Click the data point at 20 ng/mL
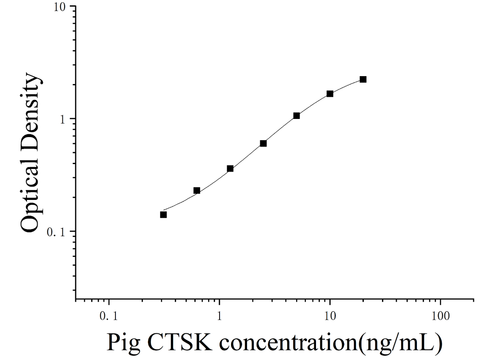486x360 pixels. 363,79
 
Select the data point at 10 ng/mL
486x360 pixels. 330,94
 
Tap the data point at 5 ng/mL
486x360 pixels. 296,115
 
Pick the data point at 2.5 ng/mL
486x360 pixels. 263,143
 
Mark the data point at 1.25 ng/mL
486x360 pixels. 230,169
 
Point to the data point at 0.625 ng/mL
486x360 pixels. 197,190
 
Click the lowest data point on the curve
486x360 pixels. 163,214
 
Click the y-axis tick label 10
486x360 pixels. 61,7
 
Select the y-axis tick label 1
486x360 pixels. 64,119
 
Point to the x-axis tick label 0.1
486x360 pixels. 109,316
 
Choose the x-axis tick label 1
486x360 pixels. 220,316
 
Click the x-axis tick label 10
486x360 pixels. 330,316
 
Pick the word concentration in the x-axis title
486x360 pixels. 289,342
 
